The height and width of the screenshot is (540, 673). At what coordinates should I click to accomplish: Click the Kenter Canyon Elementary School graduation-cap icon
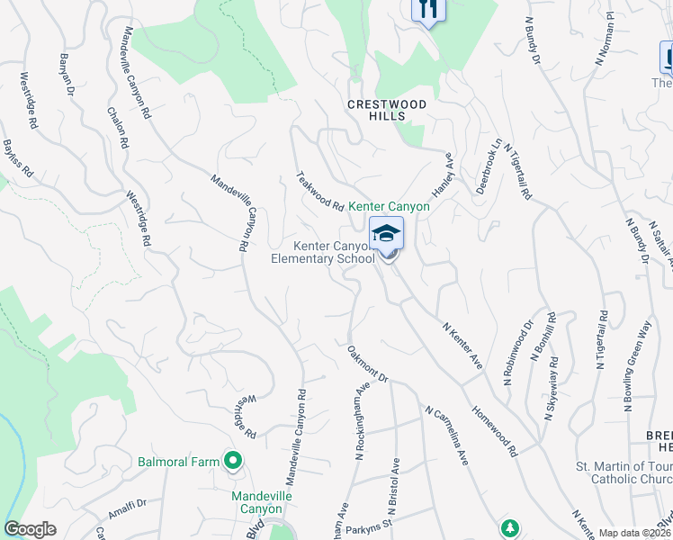pyautogui.click(x=386, y=233)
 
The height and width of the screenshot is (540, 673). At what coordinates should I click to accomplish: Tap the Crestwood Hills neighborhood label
pyautogui.click(x=388, y=110)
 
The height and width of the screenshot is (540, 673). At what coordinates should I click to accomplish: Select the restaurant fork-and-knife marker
pyautogui.click(x=428, y=10)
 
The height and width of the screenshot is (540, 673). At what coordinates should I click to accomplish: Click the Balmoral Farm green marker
pyautogui.click(x=233, y=462)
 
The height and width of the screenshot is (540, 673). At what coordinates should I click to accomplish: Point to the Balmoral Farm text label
pyautogui.click(x=178, y=462)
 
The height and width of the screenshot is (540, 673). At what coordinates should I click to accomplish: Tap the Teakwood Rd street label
pyautogui.click(x=321, y=193)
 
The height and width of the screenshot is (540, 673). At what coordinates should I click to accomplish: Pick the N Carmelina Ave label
pyautogui.click(x=447, y=436)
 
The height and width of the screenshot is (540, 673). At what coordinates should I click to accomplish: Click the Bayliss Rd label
pyautogui.click(x=17, y=157)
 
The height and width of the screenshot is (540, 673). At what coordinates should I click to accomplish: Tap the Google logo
pyautogui.click(x=30, y=529)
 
